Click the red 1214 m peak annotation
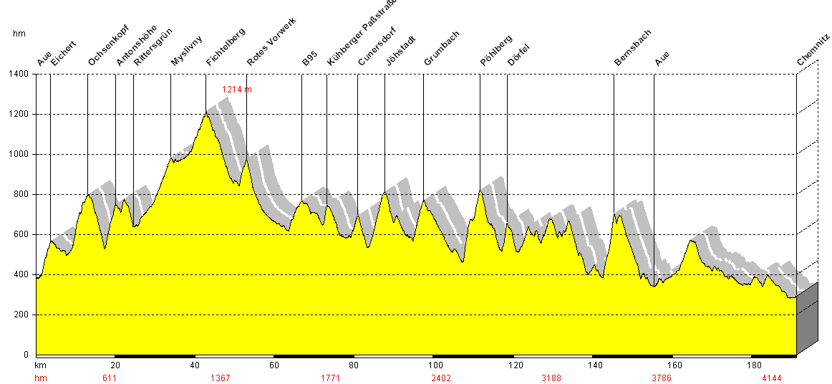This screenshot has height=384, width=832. click(237, 90)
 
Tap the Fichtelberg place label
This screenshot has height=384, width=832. click(226, 47)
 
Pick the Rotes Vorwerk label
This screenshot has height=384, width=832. click(271, 42)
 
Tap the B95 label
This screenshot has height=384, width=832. click(309, 59)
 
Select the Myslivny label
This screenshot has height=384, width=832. click(187, 51)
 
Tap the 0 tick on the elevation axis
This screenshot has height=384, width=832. click(26, 355)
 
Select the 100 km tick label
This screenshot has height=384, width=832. click(432, 365)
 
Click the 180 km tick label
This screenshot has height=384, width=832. click(751, 365)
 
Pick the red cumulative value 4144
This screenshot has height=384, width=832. click(771, 378)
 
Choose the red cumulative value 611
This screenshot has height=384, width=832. click(110, 378)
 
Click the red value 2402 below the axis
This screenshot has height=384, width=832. click(441, 378)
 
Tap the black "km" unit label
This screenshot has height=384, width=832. click(41, 365)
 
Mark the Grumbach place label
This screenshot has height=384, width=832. click(442, 48)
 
